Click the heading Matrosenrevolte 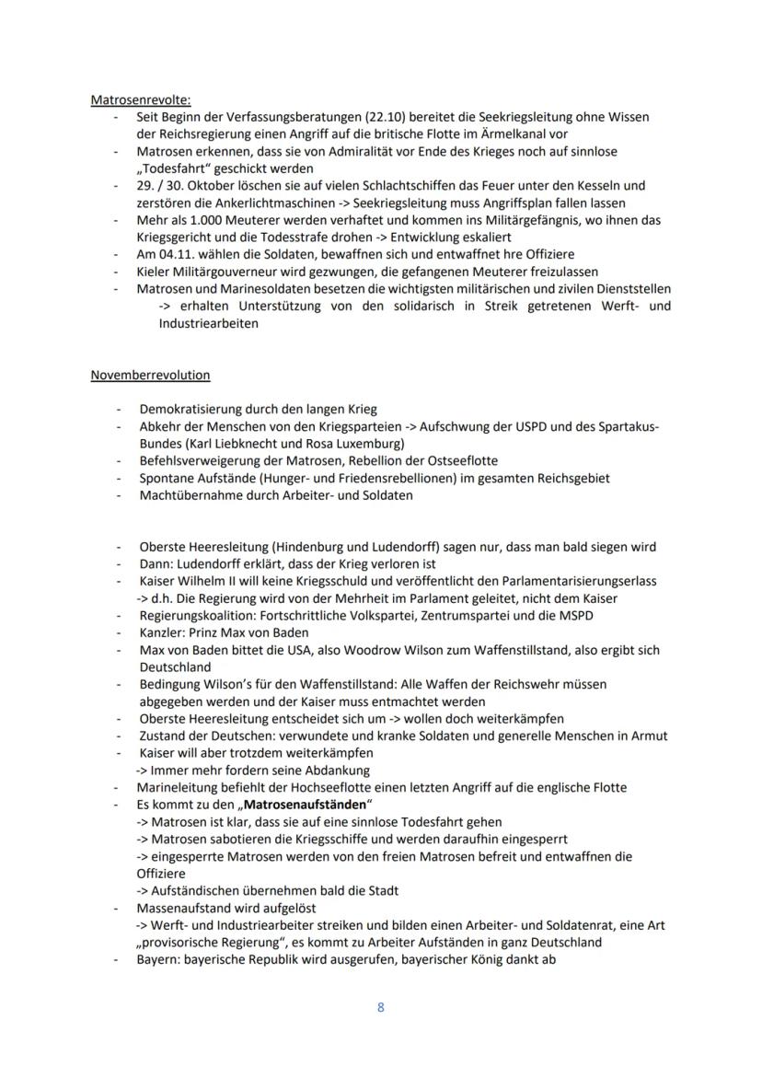(141, 100)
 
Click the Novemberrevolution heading (150, 375)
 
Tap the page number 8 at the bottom (381, 1007)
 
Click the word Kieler (155, 272)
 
